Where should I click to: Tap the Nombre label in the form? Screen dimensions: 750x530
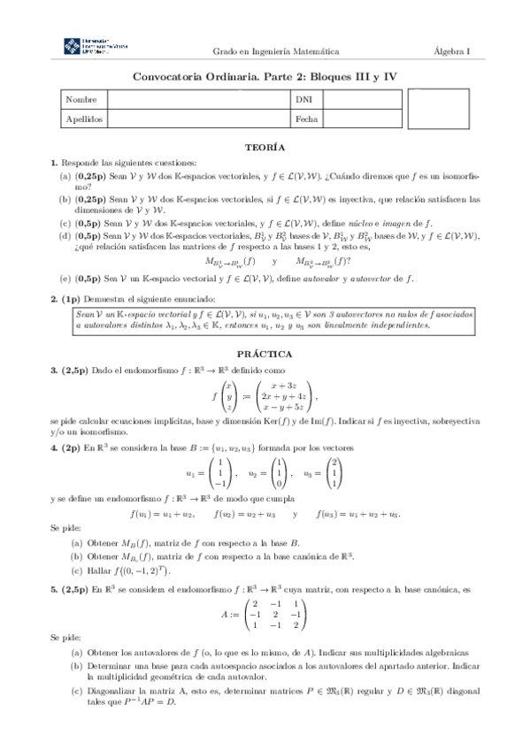tap(81, 100)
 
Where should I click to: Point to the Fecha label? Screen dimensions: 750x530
tap(306, 118)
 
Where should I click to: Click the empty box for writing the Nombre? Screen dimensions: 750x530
tap(198, 100)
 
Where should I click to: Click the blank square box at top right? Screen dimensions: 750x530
tap(443, 109)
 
